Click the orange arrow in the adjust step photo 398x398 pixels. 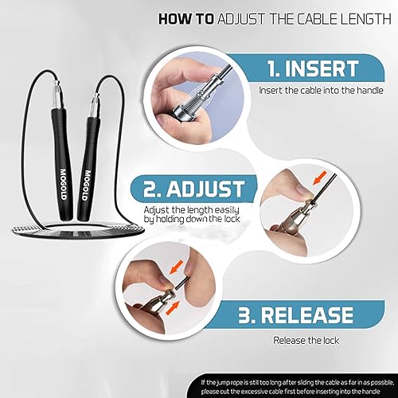click(x=313, y=176)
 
